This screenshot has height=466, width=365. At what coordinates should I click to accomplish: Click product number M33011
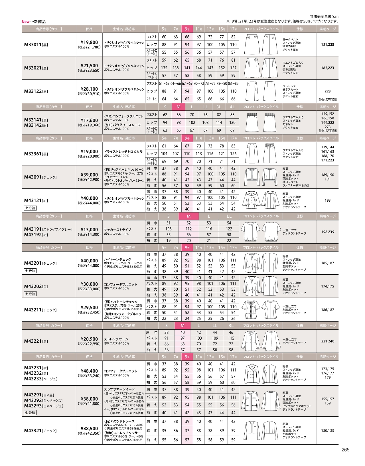pyautogui.click(x=33, y=45)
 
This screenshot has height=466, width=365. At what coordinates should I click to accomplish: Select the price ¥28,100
pyautogui.click(x=89, y=89)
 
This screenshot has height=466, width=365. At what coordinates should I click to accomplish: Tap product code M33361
pyautogui.click(x=33, y=154)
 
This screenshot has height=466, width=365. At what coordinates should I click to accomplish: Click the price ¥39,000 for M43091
pyautogui.click(x=89, y=175)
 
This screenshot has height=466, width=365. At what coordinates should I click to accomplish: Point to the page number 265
pyautogui.click(x=345, y=450)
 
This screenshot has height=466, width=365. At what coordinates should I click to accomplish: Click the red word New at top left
pyautogui.click(x=25, y=22)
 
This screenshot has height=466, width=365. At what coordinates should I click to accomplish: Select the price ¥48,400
pyautogui.click(x=89, y=371)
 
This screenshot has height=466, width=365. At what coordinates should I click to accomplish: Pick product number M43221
pyautogui.click(x=33, y=341)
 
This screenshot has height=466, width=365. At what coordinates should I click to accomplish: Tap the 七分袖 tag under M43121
pyautogui.click(x=30, y=208)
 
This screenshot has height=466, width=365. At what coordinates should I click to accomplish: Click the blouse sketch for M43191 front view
pyautogui.click(x=250, y=231)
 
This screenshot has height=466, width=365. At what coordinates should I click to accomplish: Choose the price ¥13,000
pyautogui.click(x=89, y=230)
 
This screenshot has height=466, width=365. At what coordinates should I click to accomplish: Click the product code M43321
pyautogui.click(x=33, y=431)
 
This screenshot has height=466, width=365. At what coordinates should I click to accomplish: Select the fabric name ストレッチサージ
pyautogui.click(x=116, y=339)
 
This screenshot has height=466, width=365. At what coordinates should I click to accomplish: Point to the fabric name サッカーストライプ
pyautogui.click(x=117, y=230)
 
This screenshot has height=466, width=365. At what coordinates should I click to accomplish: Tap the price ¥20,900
pyautogui.click(x=89, y=339)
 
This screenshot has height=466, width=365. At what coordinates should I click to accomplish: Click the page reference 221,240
pyautogui.click(x=327, y=341)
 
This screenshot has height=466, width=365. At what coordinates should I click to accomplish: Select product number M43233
pyautogui.click(x=33, y=379)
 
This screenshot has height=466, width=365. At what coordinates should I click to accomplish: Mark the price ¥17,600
pyautogui.click(x=89, y=120)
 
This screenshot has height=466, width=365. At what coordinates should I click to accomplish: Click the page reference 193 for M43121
pyautogui.click(x=327, y=200)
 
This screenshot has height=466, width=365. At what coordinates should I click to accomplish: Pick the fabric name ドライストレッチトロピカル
pyautogui.click(x=123, y=152)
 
